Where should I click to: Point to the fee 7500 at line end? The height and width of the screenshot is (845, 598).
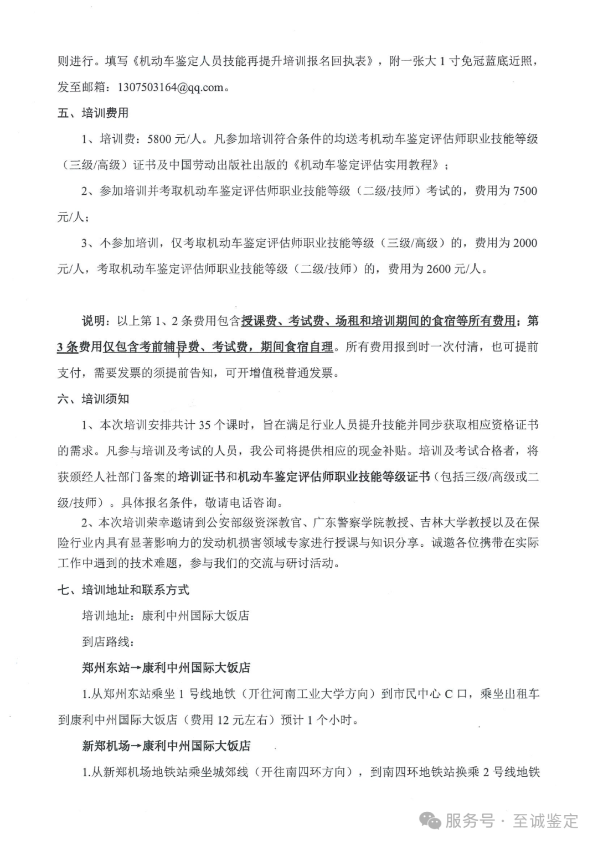pos(525,191)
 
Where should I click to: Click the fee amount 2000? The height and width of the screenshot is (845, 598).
pos(525,243)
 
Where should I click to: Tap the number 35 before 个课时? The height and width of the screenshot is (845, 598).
pos(204,425)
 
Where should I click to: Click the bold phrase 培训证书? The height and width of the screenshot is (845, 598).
pos(202,477)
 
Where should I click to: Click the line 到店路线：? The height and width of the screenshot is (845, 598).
pos(107,641)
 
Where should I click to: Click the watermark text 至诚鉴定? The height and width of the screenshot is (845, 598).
pos(545,821)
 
